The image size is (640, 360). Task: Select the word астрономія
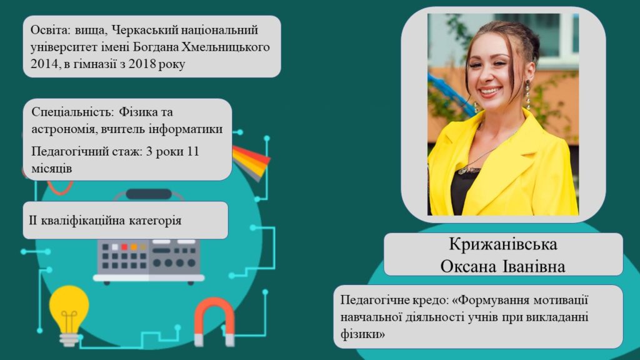(64, 129)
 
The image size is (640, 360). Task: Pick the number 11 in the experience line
(192, 151)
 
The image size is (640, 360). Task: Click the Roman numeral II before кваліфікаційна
(33, 221)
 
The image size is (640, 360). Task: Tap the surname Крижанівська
(503, 244)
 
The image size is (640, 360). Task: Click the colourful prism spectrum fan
(251, 162)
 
